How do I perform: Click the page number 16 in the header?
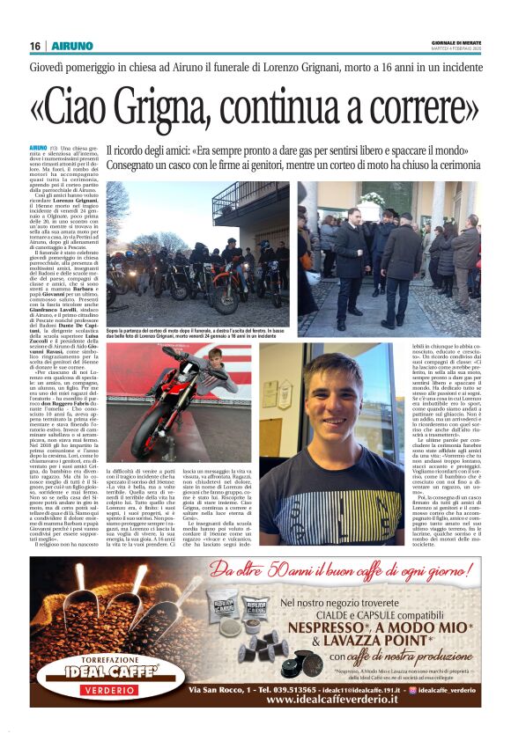coord(35,46)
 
